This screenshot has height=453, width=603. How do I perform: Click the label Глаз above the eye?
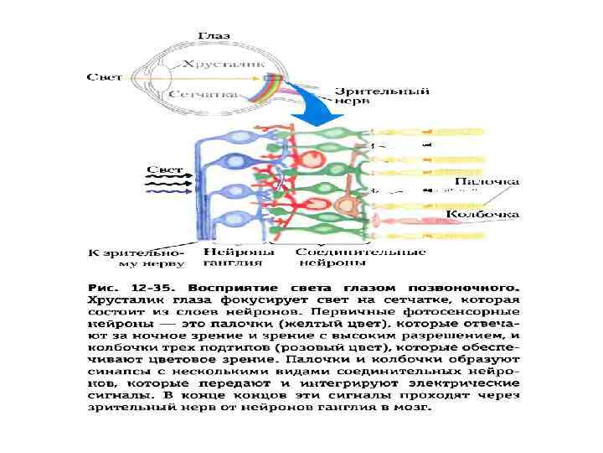214,36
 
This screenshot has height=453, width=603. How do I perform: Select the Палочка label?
487,181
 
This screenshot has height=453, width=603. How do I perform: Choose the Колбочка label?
482,215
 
